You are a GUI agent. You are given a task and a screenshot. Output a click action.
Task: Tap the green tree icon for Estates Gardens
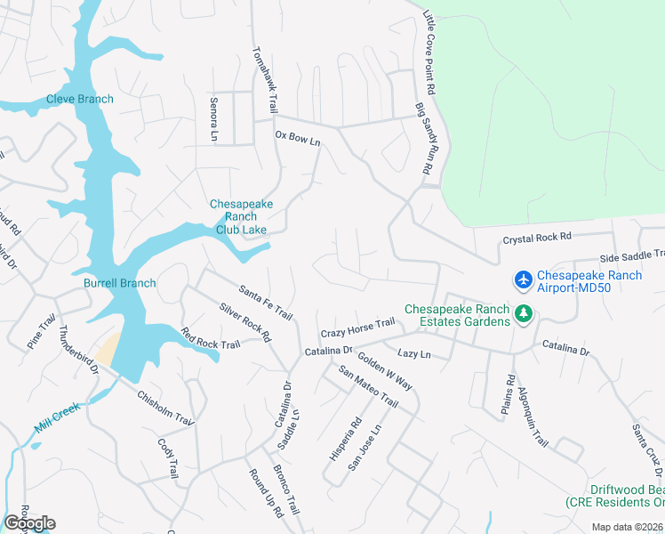[524, 314]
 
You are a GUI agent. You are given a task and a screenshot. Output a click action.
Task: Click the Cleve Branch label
[80, 99]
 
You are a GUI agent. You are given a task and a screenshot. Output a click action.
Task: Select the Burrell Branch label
[120, 283]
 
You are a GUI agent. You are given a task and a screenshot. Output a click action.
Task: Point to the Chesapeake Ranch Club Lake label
[241, 216]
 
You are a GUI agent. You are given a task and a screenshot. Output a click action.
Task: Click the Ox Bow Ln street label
[297, 138]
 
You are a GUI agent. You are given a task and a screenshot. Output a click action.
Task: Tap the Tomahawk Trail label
[264, 79]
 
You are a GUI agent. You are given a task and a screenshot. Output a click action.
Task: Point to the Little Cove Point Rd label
[429, 53]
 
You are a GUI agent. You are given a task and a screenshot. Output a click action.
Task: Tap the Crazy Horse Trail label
[357, 327]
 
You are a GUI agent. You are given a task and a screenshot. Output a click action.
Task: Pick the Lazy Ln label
[413, 354]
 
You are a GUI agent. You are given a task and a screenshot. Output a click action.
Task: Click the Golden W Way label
[384, 372]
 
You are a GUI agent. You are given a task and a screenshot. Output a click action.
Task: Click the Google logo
[30, 522]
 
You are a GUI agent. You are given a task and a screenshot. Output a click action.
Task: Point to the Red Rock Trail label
[211, 339]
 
